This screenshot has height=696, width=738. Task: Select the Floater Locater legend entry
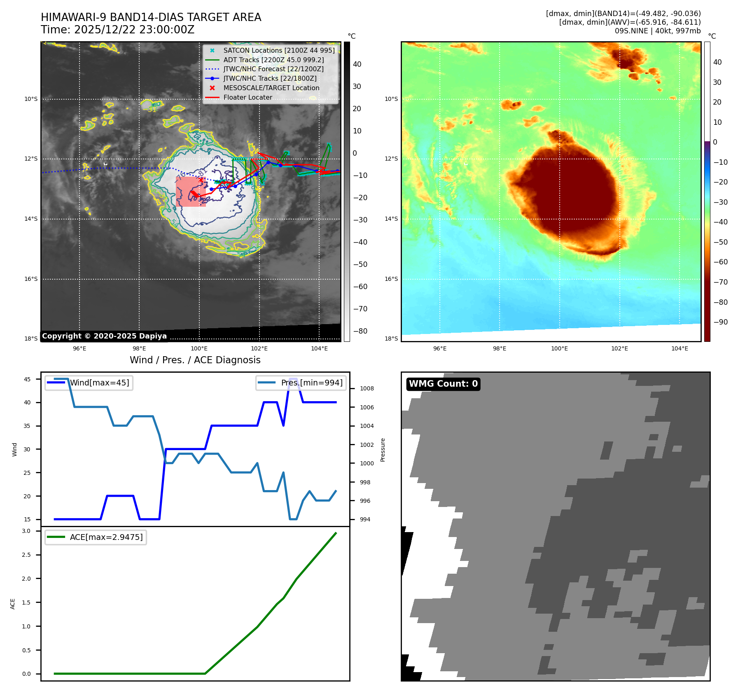click(x=248, y=98)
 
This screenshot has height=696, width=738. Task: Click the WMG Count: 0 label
click(x=443, y=384)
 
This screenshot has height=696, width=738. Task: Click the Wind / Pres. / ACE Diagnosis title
click(x=195, y=360)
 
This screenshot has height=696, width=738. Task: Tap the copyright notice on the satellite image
click(x=104, y=336)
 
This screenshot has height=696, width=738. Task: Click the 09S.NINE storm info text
click(x=657, y=31)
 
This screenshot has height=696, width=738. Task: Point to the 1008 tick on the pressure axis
click(x=367, y=388)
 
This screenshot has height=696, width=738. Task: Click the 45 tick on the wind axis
click(x=27, y=379)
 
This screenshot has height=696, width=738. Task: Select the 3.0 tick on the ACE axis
click(x=26, y=531)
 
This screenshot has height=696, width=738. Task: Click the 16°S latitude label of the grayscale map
click(x=31, y=279)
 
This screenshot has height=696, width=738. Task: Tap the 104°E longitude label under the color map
click(x=680, y=348)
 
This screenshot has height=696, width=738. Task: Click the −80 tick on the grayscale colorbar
click(x=360, y=331)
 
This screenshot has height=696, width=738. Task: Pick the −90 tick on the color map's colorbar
click(x=720, y=322)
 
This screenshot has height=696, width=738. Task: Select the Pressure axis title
click(x=383, y=450)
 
